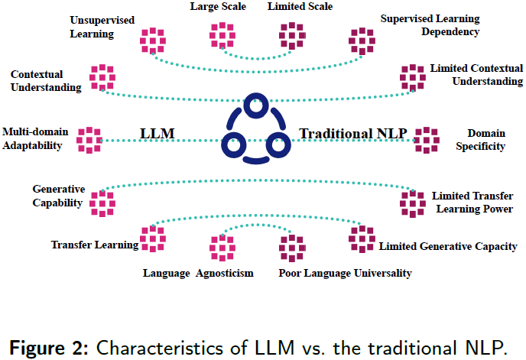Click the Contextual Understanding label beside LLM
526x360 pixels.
(x=45, y=81)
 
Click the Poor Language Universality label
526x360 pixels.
(x=345, y=273)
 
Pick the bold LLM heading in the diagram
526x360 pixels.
(x=158, y=134)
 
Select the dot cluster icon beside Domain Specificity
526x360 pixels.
(x=427, y=140)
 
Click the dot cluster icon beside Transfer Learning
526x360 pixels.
(x=153, y=239)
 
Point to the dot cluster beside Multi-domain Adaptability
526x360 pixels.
(x=89, y=140)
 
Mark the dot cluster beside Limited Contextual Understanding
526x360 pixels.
(x=413, y=77)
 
